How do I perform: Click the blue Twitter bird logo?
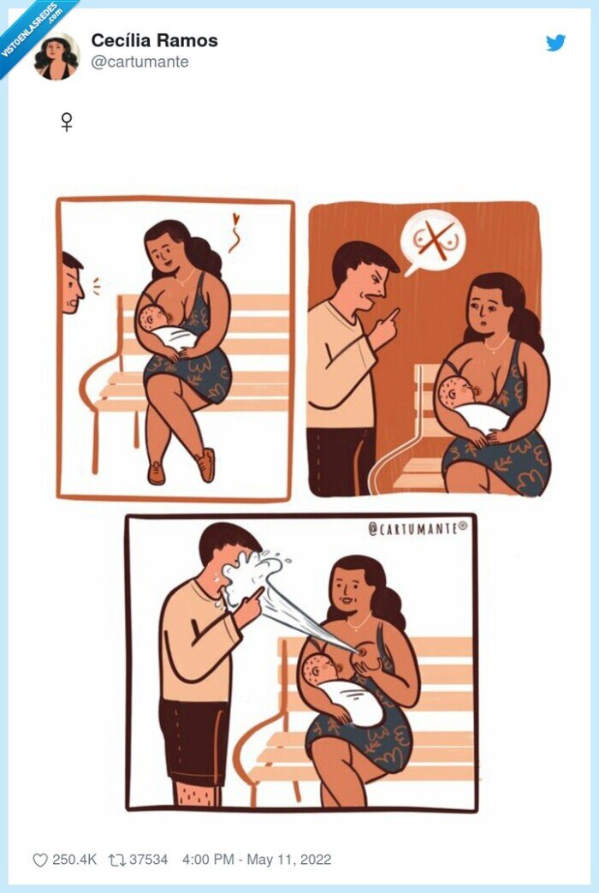(x=555, y=43)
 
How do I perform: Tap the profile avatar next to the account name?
(x=57, y=57)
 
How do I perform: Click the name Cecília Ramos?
(x=154, y=40)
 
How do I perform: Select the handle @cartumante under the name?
(x=139, y=62)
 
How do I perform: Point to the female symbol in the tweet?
(x=67, y=122)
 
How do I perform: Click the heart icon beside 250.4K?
(x=40, y=860)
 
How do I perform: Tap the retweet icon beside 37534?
(x=116, y=860)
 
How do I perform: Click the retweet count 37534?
(x=149, y=860)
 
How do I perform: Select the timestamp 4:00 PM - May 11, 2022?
(x=257, y=860)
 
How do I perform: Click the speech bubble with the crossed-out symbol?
(x=433, y=241)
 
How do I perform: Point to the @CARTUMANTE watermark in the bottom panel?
(x=418, y=528)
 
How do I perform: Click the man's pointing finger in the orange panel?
(x=393, y=315)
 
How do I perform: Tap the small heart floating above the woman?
(x=236, y=218)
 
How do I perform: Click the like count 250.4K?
(x=74, y=860)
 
